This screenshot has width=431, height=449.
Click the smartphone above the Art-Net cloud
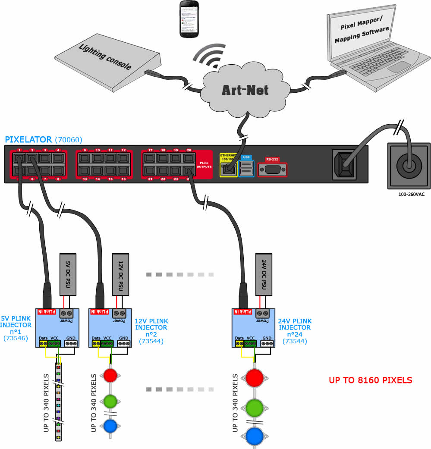point(189,19)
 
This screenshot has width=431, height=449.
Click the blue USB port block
point(246,166)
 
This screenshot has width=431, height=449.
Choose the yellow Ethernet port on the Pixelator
point(228,164)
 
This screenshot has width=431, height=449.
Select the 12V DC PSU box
point(120,274)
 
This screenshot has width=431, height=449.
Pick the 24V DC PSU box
point(264,274)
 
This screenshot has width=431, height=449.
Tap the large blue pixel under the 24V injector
point(255,436)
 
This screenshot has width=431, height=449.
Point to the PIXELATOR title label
point(29,140)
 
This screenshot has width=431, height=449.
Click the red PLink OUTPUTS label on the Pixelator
point(205,164)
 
